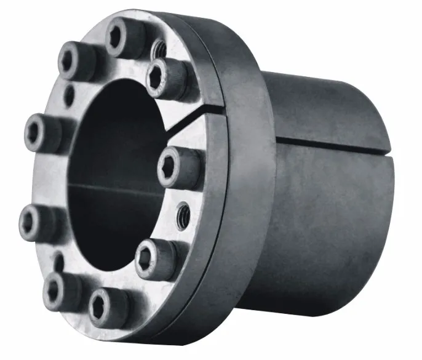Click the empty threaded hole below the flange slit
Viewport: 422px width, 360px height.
coord(183,214)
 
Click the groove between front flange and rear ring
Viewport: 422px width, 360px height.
coord(225,185)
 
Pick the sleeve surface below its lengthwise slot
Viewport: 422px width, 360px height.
coord(326,215)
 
